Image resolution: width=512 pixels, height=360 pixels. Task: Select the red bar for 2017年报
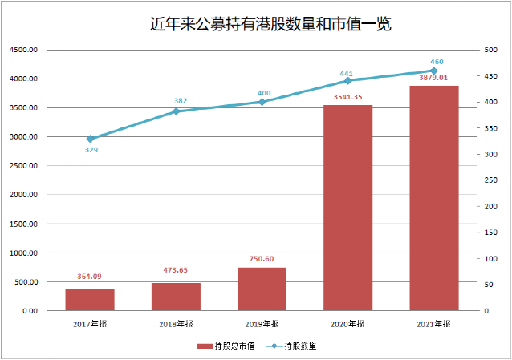tap(90, 300)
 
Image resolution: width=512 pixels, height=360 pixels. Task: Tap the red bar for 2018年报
tap(176, 297)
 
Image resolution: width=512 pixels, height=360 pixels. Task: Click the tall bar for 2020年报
tap(347, 208)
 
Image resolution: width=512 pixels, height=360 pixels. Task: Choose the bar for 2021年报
tap(433, 198)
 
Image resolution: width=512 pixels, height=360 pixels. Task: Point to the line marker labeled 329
tap(90, 139)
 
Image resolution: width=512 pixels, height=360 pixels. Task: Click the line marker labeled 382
tap(176, 111)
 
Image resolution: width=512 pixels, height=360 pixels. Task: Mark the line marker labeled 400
tap(262, 102)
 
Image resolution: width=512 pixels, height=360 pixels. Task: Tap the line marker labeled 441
tap(347, 81)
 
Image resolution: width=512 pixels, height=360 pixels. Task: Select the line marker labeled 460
tap(433, 71)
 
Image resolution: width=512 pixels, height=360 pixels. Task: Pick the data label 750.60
tap(262, 259)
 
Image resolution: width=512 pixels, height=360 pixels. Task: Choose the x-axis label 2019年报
tap(262, 323)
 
